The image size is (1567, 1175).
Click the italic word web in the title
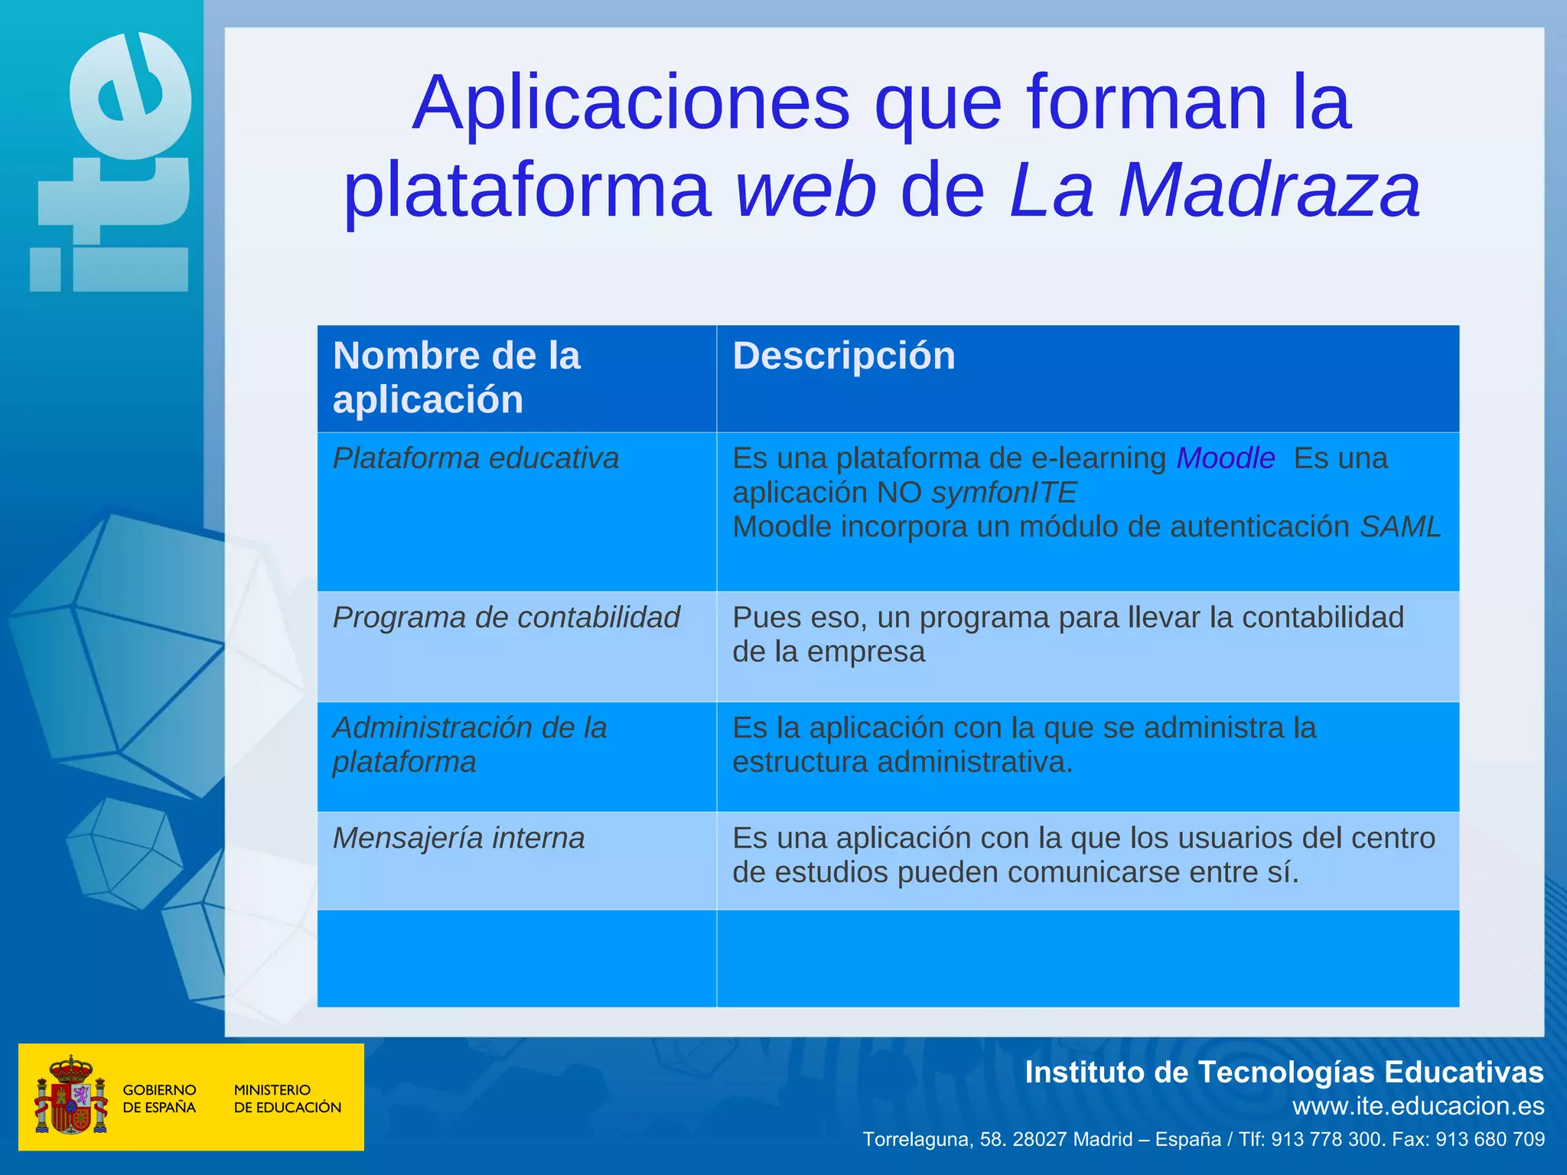[806, 191]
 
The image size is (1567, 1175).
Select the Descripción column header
[844, 356]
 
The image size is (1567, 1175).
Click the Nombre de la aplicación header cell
[457, 378]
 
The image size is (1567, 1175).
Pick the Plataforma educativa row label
[475, 458]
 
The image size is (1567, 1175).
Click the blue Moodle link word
[1225, 458]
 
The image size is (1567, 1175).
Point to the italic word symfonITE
[1004, 493]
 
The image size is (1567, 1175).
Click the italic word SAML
[1400, 527]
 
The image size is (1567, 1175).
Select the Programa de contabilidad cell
[506, 618]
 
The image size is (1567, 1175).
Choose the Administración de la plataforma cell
[469, 744]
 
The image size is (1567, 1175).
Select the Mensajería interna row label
[458, 838]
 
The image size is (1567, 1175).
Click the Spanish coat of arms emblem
[70, 1096]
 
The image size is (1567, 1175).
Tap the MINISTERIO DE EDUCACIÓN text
[287, 1099]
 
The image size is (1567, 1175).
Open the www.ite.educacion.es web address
[1418, 1106]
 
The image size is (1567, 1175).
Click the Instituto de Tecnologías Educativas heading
[1283, 1072]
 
